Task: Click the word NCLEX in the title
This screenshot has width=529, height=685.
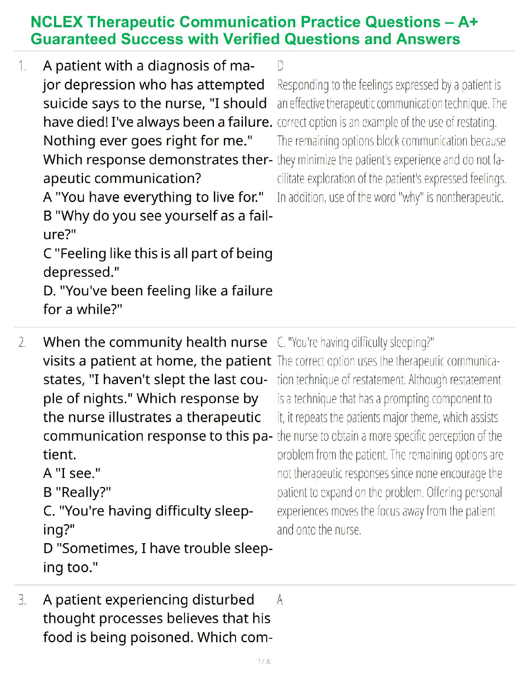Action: coord(56,22)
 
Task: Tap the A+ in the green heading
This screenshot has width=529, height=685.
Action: coord(467,22)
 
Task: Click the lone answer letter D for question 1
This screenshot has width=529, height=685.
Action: coord(280,66)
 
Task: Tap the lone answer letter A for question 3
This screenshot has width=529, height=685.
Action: coord(280,600)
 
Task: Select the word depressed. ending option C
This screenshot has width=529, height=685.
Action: coord(81,272)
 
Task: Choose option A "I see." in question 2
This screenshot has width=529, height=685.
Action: coord(72,474)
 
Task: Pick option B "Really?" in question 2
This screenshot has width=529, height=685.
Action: coord(77,492)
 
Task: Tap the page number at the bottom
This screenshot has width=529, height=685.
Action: coord(264,662)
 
